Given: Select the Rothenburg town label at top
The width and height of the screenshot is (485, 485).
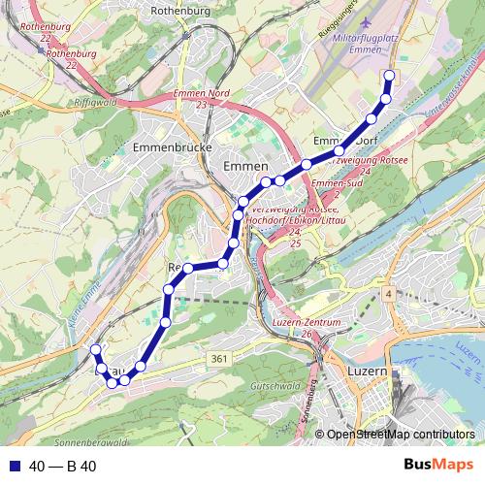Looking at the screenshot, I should (x=182, y=12).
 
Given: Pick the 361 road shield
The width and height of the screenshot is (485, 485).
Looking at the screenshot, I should (x=220, y=359).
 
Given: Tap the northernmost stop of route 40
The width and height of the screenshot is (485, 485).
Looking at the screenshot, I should (x=390, y=76).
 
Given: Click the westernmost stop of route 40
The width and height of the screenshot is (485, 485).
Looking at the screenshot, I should (x=95, y=349).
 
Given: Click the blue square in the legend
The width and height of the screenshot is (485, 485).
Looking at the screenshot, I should (x=14, y=467).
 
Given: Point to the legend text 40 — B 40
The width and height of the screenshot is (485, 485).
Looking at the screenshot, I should (x=63, y=467).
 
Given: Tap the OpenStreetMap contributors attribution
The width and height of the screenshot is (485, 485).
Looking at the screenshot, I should (x=401, y=435).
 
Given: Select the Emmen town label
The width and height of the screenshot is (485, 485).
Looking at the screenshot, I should (x=239, y=167).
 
